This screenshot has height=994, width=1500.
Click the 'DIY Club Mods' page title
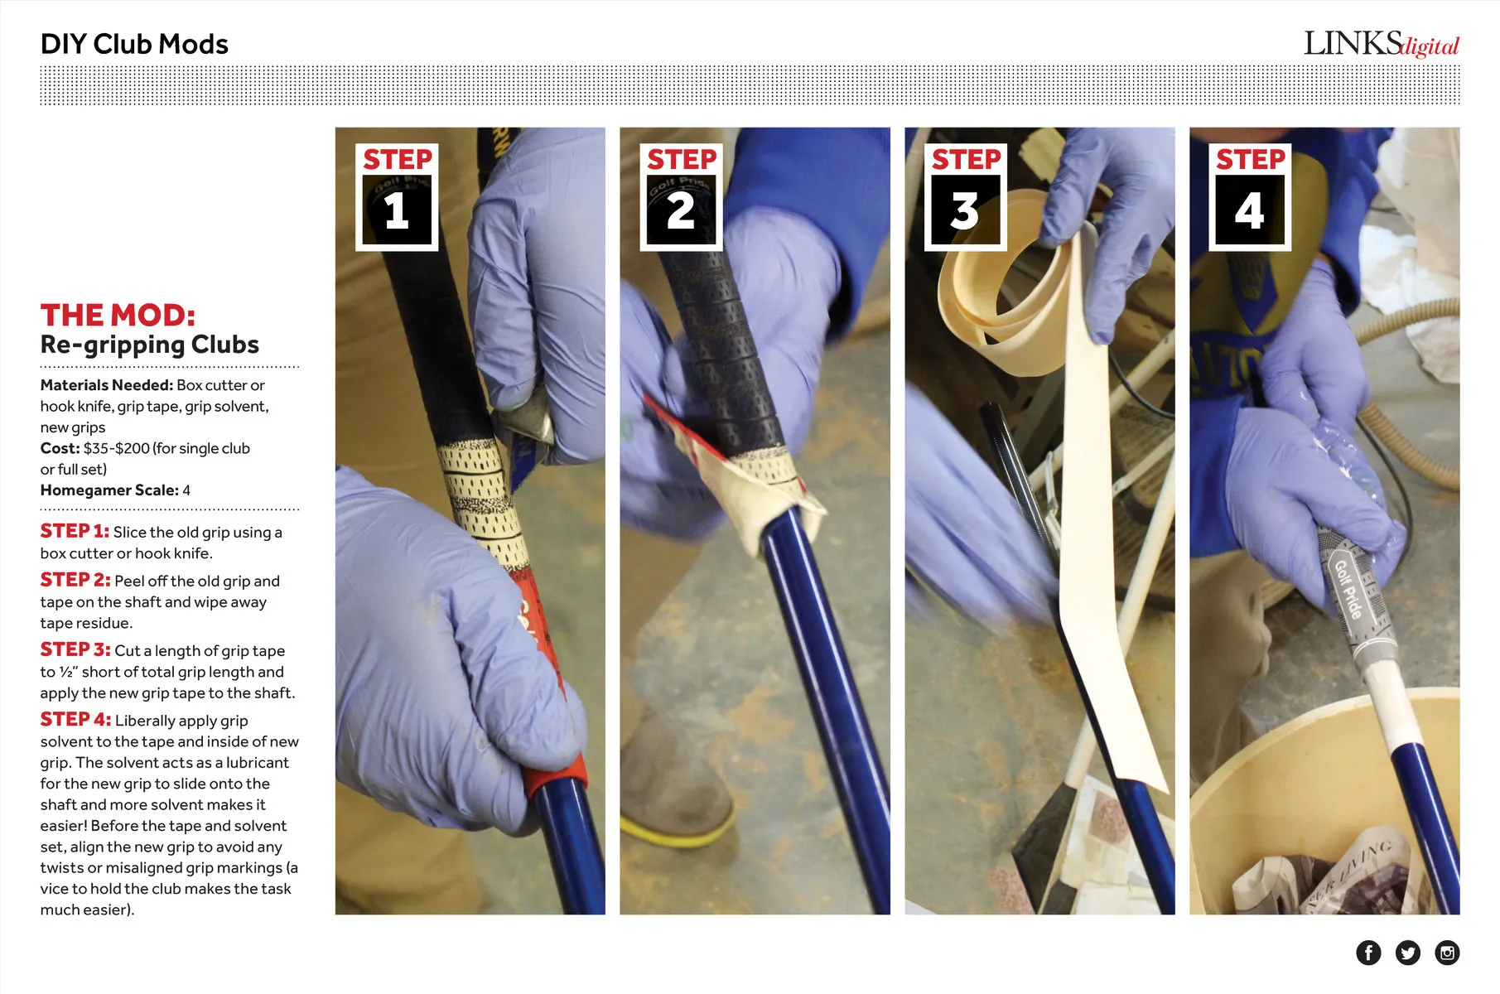click(134, 44)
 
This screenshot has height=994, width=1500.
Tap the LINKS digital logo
click(1381, 44)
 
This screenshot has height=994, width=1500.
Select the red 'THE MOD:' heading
click(118, 315)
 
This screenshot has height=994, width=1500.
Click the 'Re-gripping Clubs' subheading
click(150, 345)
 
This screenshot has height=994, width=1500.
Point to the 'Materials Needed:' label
click(107, 385)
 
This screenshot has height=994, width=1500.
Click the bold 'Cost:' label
click(60, 448)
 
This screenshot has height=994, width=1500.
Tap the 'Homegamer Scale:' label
click(109, 490)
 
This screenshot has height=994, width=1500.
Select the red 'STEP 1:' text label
click(75, 531)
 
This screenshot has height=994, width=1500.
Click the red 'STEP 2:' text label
click(75, 580)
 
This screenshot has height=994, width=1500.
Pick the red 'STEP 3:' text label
click(75, 649)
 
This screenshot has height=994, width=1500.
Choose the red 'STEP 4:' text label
click(75, 719)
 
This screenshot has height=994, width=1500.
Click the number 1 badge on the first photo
click(397, 197)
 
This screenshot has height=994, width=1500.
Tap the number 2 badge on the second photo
click(681, 197)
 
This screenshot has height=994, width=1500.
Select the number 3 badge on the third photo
click(966, 197)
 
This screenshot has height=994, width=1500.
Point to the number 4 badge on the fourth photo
click(1250, 197)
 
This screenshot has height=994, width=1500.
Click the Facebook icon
click(1368, 953)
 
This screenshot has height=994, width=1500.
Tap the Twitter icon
click(1408, 953)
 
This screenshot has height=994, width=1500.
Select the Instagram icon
click(1447, 953)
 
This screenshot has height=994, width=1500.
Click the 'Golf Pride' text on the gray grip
click(1348, 589)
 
